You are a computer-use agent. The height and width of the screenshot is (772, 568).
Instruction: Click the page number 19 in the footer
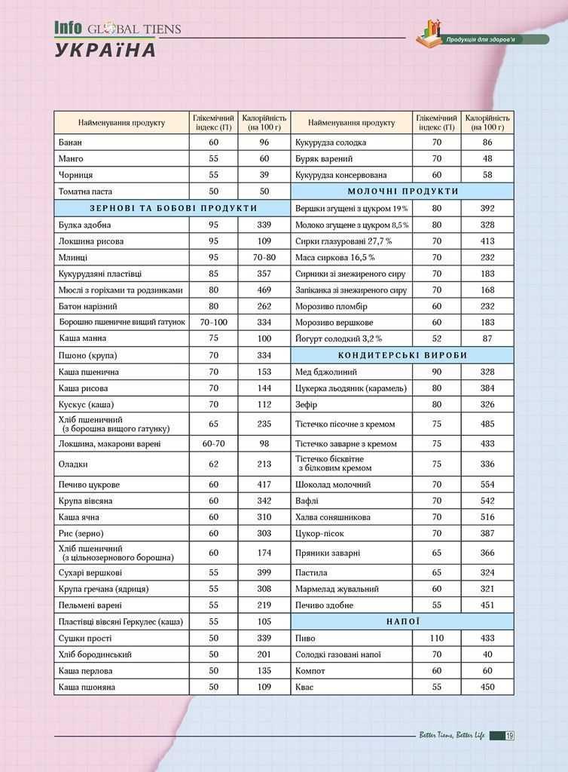pyautogui.click(x=510, y=736)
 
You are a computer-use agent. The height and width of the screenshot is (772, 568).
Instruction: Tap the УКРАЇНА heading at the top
pyautogui.click(x=105, y=51)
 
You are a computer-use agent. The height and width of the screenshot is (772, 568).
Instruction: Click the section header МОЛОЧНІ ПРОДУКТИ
pyautogui.click(x=402, y=191)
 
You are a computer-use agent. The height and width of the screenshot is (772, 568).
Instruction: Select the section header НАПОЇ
pyautogui.click(x=402, y=622)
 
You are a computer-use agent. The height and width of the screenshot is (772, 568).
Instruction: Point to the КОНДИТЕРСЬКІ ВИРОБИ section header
pyautogui.click(x=402, y=355)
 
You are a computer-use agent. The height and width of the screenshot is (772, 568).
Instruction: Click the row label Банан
pyautogui.click(x=70, y=142)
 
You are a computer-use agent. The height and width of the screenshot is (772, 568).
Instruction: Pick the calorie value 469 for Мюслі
pyautogui.click(x=264, y=290)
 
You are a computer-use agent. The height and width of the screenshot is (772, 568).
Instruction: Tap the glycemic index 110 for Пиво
pyautogui.click(x=436, y=639)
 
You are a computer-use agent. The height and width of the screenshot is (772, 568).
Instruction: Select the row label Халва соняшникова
pyautogui.click(x=332, y=518)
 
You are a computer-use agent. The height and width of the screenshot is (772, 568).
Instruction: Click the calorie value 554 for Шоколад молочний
pyautogui.click(x=487, y=485)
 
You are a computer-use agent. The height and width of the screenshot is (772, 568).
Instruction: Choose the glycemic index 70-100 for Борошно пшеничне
pyautogui.click(x=213, y=323)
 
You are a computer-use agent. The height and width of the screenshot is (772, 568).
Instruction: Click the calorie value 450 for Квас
pyautogui.click(x=487, y=688)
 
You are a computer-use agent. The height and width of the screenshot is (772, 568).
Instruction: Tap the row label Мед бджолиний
pyautogui.click(x=326, y=372)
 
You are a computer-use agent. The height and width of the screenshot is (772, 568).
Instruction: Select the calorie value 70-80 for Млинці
pyautogui.click(x=264, y=258)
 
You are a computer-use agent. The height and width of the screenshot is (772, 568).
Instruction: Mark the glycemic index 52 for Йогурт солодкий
pyautogui.click(x=436, y=339)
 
